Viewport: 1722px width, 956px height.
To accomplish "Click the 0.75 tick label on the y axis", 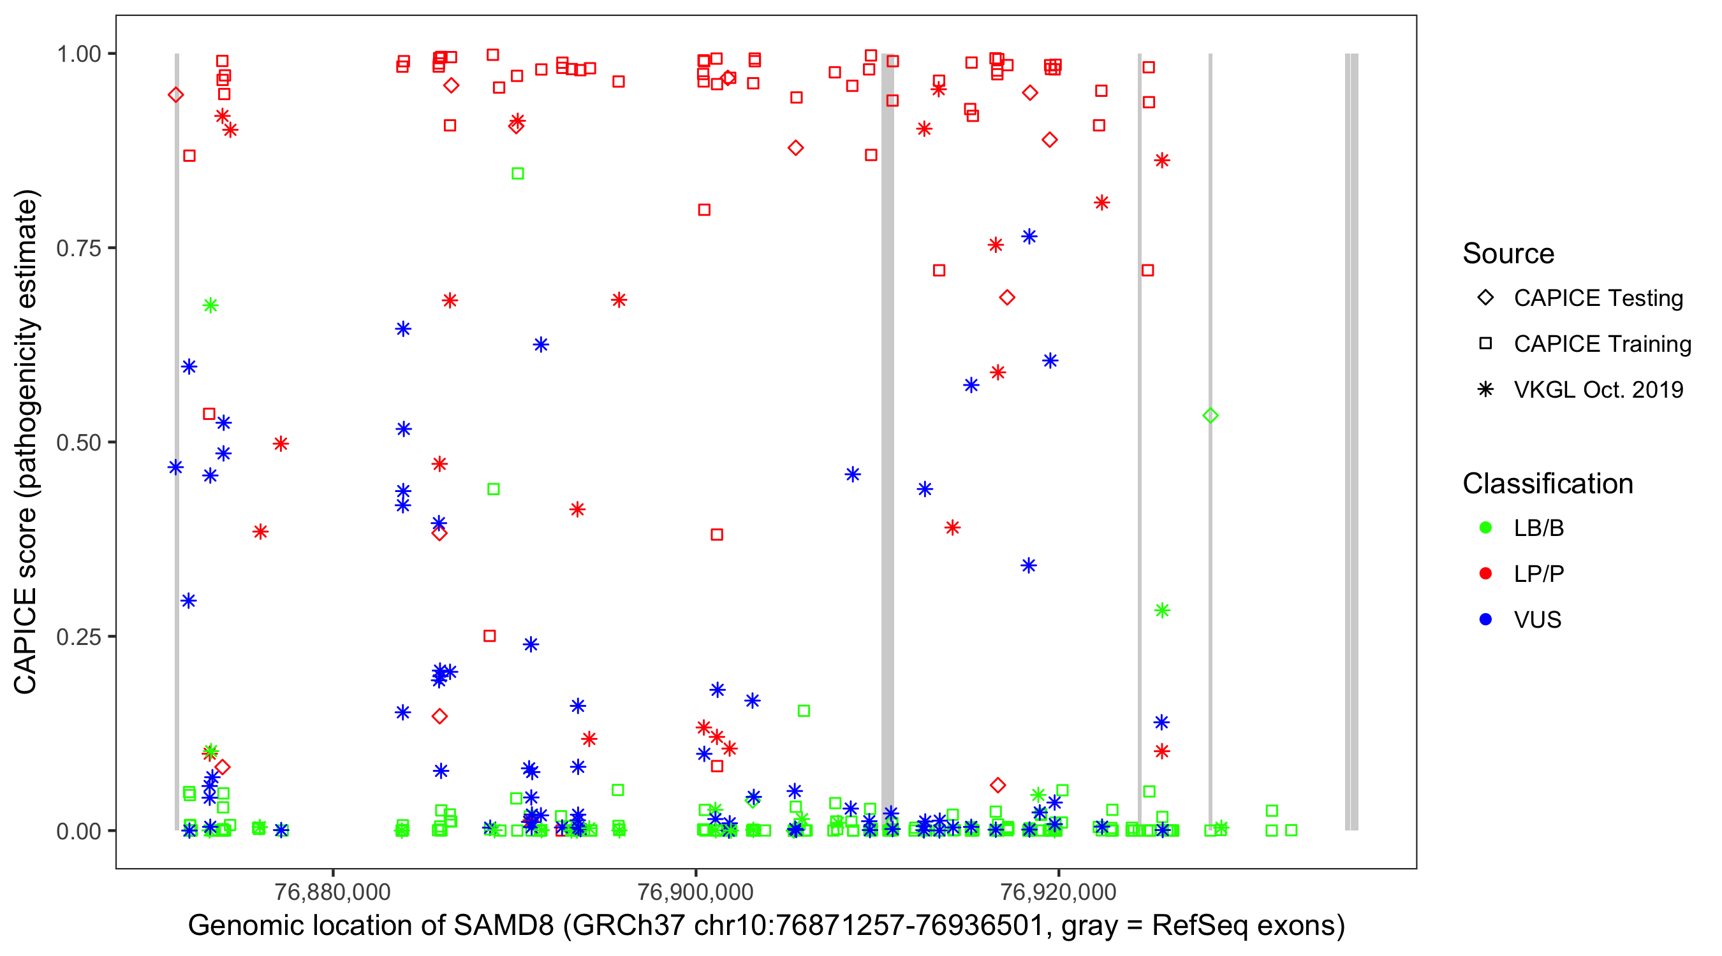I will (78, 249).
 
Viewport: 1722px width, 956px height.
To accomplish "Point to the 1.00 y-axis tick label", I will (78, 54).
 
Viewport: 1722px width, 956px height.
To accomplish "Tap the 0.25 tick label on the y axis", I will (78, 637).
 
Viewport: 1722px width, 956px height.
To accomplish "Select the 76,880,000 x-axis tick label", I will (332, 891).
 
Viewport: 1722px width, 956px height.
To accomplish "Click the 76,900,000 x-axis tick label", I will (695, 891).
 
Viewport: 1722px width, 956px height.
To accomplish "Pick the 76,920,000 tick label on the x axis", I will (1058, 891).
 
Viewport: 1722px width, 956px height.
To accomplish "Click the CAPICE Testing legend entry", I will (1598, 298).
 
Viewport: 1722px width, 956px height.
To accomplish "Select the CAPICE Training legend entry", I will (1601, 344).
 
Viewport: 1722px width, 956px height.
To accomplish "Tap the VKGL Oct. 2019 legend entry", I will (1598, 389).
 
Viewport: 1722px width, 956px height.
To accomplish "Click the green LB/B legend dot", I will (1485, 528).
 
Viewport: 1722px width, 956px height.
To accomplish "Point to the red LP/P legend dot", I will (1485, 574).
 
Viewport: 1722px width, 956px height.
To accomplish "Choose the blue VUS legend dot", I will (1485, 619).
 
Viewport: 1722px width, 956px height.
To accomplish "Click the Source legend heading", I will (1508, 254).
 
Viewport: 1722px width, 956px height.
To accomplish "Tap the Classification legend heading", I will (1547, 484).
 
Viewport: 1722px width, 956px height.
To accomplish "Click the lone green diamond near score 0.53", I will (1210, 416).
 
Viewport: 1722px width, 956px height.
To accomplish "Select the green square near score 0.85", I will (517, 174).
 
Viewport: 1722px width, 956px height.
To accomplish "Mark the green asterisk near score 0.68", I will (210, 305).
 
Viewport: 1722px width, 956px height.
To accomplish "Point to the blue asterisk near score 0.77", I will (1029, 236).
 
